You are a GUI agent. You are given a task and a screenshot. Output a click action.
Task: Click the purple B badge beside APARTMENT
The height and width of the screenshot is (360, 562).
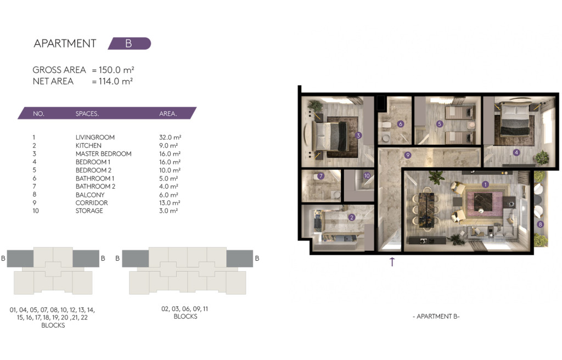[x=130, y=43]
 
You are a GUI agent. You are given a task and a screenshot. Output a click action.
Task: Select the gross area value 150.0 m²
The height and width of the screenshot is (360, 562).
[x=116, y=70]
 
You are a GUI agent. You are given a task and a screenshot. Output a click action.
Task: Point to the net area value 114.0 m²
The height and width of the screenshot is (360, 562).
[x=116, y=81]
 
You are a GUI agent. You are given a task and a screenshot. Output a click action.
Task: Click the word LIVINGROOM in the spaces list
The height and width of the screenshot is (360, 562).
[x=95, y=137]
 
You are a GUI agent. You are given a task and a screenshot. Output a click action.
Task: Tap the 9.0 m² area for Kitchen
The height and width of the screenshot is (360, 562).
[x=168, y=145]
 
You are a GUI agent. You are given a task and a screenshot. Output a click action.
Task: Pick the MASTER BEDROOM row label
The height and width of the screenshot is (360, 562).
[x=104, y=154]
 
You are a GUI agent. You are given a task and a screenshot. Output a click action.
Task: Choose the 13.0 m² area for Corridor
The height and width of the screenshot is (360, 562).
[x=170, y=203]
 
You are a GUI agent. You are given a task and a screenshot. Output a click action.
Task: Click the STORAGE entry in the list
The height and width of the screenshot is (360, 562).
[x=89, y=211]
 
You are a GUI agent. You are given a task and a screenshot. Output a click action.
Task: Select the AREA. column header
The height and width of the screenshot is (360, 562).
[x=168, y=114]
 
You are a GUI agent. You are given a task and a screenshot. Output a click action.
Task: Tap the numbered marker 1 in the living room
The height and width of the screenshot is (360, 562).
[x=485, y=184]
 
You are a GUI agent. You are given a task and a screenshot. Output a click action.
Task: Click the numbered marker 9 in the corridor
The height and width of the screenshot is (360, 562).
[x=408, y=155]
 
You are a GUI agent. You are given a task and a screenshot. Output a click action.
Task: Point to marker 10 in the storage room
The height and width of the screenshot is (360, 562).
[x=367, y=176]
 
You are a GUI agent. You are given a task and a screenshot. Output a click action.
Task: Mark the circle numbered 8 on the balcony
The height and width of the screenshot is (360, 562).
[x=540, y=224]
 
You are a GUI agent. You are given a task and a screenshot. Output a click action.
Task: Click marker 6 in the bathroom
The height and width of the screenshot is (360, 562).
[x=401, y=124]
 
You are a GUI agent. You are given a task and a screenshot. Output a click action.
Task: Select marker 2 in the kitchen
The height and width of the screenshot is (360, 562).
[x=352, y=217]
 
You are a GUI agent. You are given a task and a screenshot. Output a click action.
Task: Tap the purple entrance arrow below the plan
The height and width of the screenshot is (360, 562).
[x=392, y=262]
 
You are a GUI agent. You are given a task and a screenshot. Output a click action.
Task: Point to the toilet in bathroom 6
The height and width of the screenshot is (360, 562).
[x=385, y=125]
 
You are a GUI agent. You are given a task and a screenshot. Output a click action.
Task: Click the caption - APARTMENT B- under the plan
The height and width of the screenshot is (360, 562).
[x=436, y=316]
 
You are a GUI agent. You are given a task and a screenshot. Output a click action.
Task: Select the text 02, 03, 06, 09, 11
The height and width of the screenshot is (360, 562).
[x=184, y=309]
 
